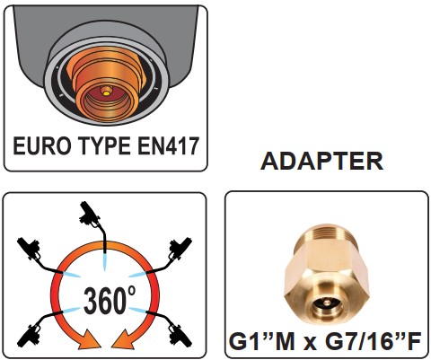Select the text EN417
[x=168, y=145]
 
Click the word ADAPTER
[x=321, y=161]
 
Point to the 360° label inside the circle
[x=110, y=300]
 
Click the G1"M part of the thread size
[x=261, y=340]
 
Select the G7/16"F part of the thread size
[x=371, y=340]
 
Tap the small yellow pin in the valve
[x=105, y=93]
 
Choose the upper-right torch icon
[x=174, y=254]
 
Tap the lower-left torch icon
[x=36, y=329]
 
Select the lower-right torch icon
[x=172, y=329]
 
